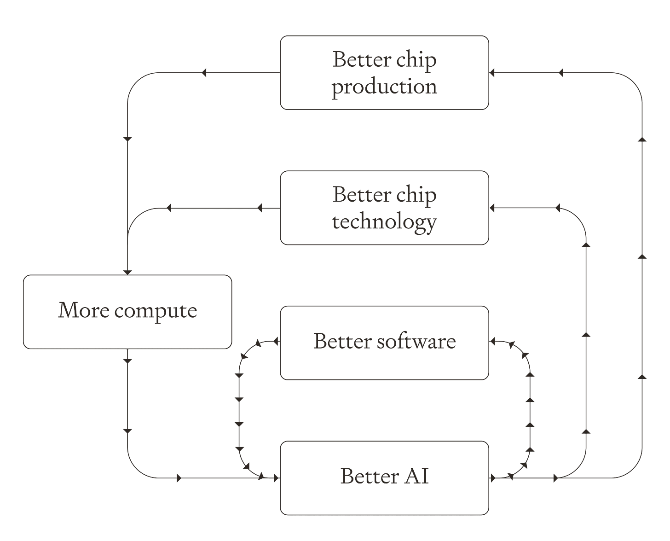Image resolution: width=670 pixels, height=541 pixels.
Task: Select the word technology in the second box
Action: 384,222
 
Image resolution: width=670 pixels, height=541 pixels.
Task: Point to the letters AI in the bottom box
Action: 416,477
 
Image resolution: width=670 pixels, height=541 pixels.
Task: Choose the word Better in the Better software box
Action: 342,342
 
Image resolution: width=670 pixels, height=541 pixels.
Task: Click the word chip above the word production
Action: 416,60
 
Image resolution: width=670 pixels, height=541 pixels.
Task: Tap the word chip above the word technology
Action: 416,195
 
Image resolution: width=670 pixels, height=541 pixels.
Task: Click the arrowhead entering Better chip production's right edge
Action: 492,73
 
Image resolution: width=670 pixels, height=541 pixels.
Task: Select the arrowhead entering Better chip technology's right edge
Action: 492,208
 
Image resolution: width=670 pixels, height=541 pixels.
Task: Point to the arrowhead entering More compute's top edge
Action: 127,273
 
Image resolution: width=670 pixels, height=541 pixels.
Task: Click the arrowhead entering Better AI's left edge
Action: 277,478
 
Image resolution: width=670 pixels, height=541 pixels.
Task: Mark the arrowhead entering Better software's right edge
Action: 492,342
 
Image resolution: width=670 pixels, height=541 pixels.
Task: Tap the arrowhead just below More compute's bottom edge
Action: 127,361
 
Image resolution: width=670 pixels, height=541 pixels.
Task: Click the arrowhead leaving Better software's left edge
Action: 276,342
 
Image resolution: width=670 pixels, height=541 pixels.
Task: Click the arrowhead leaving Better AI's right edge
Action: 493,478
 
